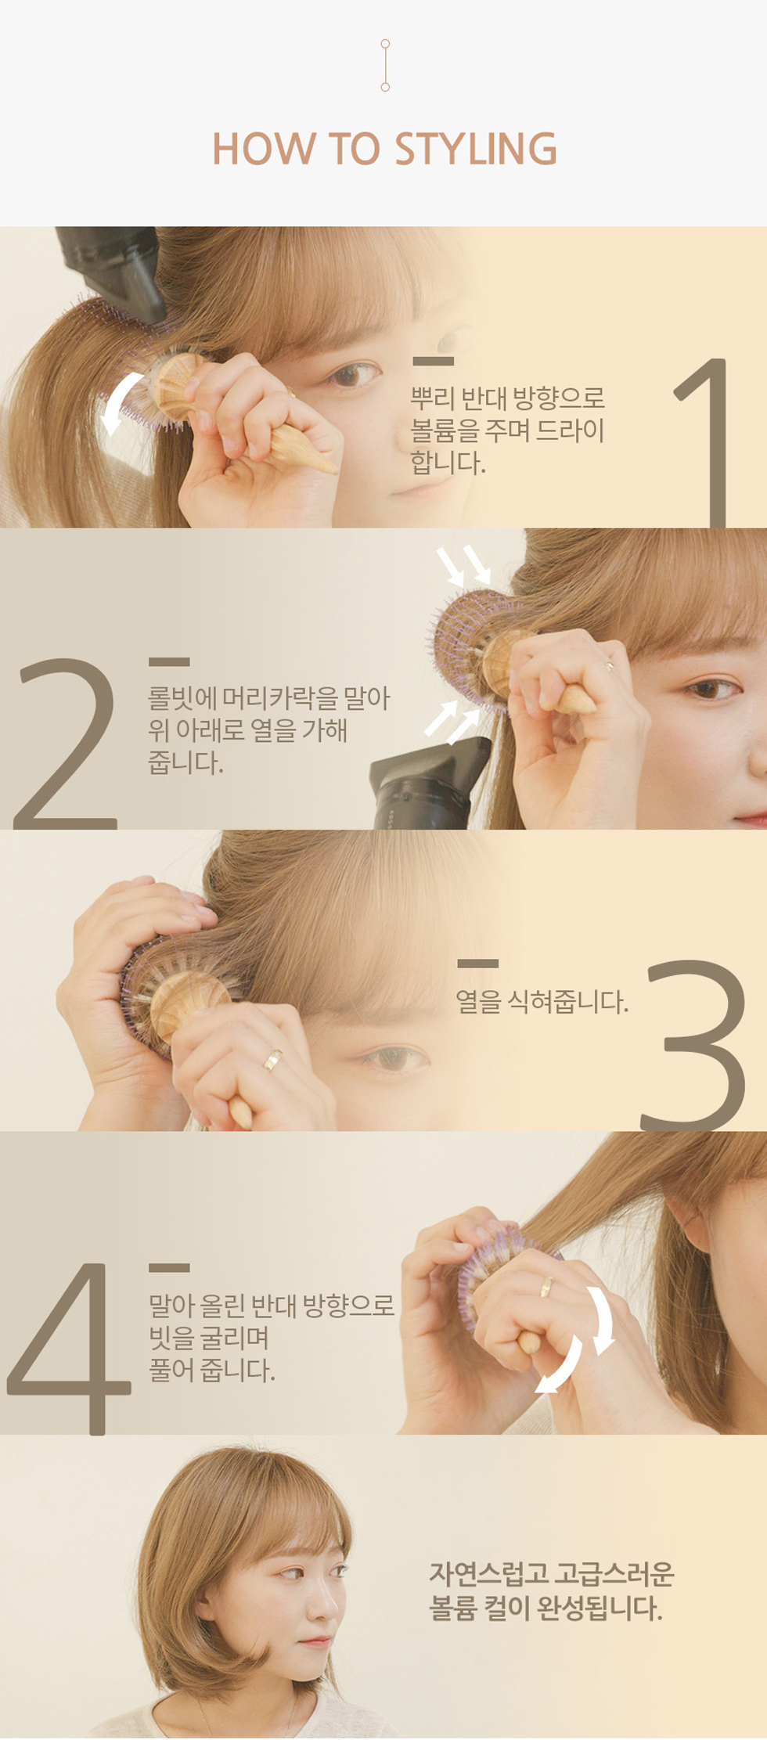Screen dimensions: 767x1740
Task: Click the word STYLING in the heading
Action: tap(475, 150)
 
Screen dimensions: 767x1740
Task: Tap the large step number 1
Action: tap(704, 442)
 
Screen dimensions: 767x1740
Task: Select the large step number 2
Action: tap(66, 744)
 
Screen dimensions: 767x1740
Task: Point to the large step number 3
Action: tap(694, 1045)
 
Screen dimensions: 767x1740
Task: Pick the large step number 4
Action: tap(68, 1348)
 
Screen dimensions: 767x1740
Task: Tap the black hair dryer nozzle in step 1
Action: tap(113, 270)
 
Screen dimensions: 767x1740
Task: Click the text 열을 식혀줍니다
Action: tap(542, 1002)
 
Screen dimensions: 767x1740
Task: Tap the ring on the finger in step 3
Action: tap(272, 1060)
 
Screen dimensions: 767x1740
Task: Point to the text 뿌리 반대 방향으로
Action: tap(508, 398)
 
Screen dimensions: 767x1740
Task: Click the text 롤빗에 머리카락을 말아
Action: tap(268, 697)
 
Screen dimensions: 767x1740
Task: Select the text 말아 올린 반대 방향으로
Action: tap(272, 1305)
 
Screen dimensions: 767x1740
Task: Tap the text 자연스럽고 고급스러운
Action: tap(551, 1573)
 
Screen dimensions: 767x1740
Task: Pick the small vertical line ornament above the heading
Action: tap(385, 66)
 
